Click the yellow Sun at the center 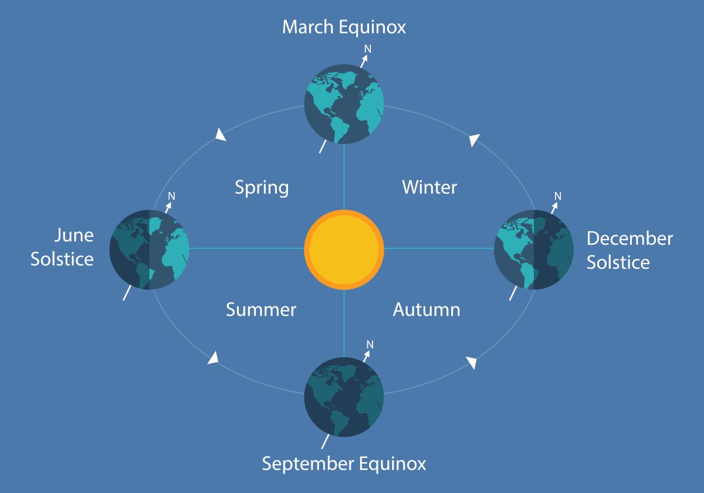click(x=344, y=249)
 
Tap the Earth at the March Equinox click(x=344, y=104)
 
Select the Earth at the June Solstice click(x=149, y=249)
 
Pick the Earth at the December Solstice click(x=534, y=249)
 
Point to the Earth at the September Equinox click(x=344, y=397)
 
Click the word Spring click(x=262, y=188)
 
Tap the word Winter click(x=429, y=187)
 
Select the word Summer click(x=261, y=310)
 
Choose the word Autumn click(x=427, y=310)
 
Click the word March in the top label click(x=307, y=27)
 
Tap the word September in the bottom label click(x=308, y=464)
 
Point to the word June click(x=74, y=235)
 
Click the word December click(x=630, y=238)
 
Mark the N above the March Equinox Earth click(x=368, y=49)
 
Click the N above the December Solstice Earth click(x=558, y=196)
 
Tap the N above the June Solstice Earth click(x=171, y=196)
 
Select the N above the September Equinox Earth click(x=370, y=345)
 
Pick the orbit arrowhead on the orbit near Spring click(x=221, y=134)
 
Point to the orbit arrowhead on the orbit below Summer click(x=214, y=358)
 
